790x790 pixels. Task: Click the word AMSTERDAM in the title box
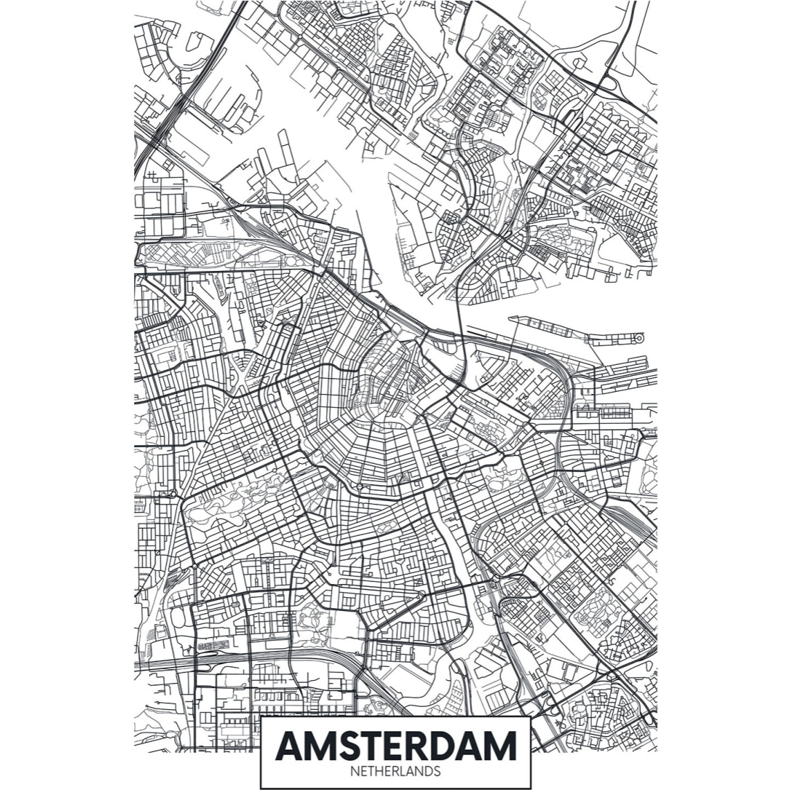[x=395, y=745]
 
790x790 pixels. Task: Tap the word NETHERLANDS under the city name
[x=395, y=771]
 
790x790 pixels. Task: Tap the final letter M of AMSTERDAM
[x=502, y=745]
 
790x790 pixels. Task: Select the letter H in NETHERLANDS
[x=380, y=771]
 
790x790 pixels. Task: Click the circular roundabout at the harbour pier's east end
[x=638, y=338]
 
